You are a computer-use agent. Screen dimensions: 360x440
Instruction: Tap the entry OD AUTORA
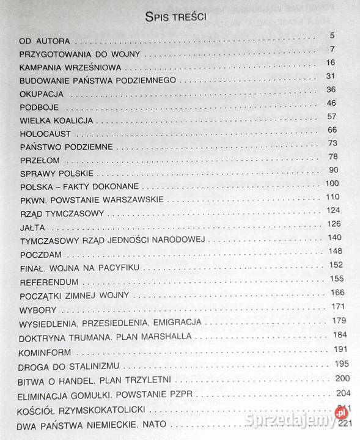click(x=45, y=42)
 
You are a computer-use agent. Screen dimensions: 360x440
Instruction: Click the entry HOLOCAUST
click(x=46, y=133)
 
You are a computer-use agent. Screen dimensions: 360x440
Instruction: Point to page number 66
click(x=332, y=130)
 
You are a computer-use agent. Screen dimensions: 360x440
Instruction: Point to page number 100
click(x=332, y=183)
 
